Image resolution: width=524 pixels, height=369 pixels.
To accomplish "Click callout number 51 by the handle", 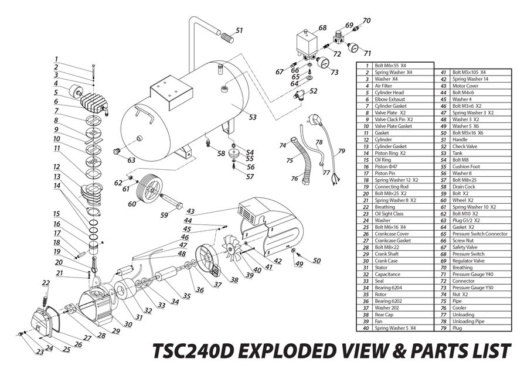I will tap(239, 30).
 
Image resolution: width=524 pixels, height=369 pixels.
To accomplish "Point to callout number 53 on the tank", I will tap(253, 118).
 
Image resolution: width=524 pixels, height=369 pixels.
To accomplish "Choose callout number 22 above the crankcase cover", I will tap(46, 283).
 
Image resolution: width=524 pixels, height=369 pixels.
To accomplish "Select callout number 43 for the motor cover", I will tap(190, 211).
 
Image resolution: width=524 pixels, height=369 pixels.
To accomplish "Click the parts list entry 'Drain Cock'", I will tap(464, 186).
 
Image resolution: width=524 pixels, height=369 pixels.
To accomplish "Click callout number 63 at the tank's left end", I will tap(132, 160).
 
